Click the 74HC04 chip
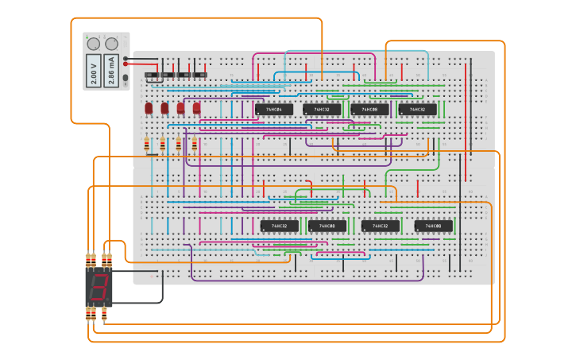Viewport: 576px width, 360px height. pos(273,109)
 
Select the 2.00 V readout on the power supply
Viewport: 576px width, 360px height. pos(94,70)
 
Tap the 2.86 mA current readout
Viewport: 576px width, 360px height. pos(112,70)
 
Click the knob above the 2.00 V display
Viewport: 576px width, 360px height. pos(94,44)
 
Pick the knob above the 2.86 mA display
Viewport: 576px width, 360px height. pos(112,44)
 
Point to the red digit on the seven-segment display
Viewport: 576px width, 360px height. pos(99,288)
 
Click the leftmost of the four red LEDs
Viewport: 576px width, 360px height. pos(149,108)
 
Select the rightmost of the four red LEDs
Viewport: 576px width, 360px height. pos(196,108)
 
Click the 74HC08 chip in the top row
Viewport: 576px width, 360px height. pos(369,109)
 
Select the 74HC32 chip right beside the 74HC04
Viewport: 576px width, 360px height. pos(322,109)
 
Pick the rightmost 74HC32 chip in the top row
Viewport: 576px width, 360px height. pos(417,109)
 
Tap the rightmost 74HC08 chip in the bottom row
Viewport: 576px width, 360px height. pos(433,226)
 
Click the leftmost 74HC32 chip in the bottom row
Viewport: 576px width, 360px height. pos(280,226)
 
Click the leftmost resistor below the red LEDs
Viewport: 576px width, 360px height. pos(147,145)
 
